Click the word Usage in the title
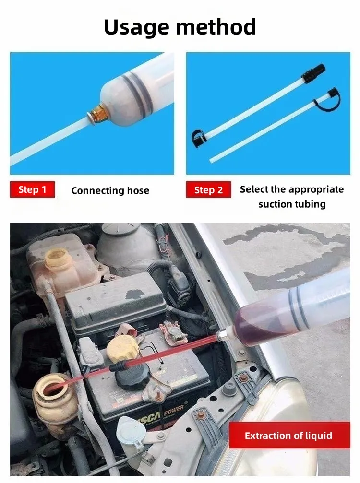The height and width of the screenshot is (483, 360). [136, 28]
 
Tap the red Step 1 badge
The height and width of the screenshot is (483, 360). [32, 189]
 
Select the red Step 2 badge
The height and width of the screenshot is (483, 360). [208, 189]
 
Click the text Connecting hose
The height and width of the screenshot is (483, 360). [110, 191]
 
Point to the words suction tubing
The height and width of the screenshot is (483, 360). [292, 204]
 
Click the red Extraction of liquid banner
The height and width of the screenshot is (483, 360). [289, 435]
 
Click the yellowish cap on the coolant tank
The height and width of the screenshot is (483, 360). [58, 258]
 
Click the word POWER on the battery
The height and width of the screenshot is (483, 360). [174, 412]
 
